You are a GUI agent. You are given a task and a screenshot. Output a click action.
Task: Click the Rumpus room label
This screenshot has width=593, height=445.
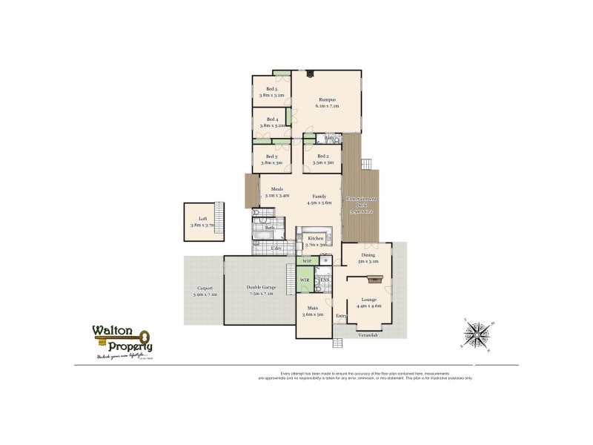pos(328,99)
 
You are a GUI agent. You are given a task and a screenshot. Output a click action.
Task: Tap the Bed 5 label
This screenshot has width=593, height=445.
pos(272,90)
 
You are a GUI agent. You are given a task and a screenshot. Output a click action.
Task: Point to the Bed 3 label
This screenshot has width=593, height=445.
pos(271,156)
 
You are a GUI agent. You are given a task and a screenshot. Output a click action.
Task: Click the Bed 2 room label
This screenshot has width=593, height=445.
pos(322,156)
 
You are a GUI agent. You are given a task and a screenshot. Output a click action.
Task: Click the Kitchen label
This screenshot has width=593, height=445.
pos(316,238)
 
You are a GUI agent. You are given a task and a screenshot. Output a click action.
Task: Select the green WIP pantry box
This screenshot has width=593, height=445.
pos(308,261)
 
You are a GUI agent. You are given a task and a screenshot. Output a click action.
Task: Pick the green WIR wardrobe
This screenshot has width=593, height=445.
pos(304,280)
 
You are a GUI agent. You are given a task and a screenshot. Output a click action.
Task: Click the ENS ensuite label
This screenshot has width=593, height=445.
pos(325,280)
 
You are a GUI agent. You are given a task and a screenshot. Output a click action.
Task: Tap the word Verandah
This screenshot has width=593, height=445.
pos(368,335)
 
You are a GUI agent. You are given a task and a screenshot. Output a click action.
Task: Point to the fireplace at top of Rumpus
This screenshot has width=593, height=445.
pos(311,73)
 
